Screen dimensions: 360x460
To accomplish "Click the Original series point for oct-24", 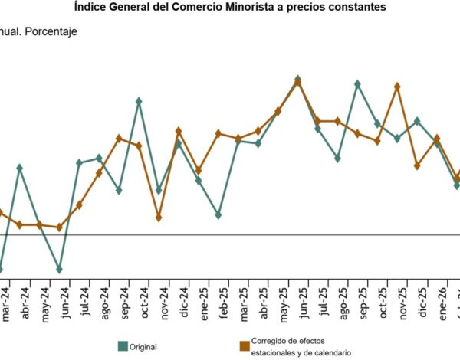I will [x=139, y=100].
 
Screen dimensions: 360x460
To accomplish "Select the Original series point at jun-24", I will [x=59, y=270].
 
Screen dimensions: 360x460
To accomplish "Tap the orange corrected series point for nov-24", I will [x=159, y=218].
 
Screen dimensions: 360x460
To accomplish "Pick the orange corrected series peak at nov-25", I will [x=397, y=87].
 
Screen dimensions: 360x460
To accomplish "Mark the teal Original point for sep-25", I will [x=357, y=83].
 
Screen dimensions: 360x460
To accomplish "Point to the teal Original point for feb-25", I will [x=219, y=215].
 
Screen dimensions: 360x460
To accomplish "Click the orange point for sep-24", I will [x=119, y=138].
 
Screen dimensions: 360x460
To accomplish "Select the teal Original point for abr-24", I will [x=19, y=168].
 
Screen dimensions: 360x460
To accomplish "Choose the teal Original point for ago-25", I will [x=337, y=159].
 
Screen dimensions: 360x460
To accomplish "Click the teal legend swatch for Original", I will [x=122, y=346].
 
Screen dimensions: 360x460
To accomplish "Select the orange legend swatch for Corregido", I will [x=245, y=346].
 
